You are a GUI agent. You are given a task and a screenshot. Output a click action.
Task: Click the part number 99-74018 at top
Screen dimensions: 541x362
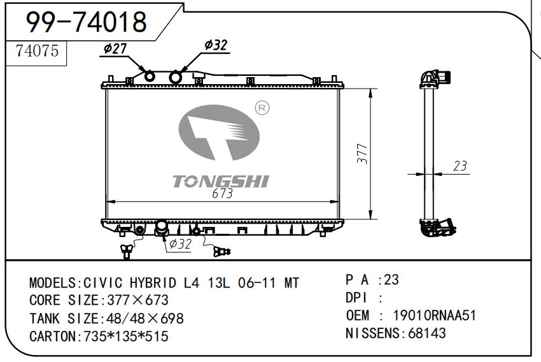[87, 22]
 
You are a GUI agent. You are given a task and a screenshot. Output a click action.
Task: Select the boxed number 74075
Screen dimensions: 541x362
[38, 51]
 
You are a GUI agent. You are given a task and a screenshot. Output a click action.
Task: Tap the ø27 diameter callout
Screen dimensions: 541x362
[115, 48]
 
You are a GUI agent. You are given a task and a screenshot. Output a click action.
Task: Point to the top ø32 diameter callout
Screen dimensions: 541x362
[216, 45]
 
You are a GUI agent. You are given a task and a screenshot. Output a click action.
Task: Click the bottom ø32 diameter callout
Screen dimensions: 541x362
[180, 244]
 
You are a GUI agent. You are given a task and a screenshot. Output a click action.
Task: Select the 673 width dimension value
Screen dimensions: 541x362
[222, 193]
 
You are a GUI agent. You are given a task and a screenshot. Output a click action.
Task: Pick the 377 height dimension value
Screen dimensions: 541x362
[362, 154]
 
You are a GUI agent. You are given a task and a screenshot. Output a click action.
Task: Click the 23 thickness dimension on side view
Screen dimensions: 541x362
[460, 166]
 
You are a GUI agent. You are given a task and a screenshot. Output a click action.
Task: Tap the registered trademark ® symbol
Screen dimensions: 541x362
[262, 108]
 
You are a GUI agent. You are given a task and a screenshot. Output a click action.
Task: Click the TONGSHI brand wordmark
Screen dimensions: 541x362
[220, 182]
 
